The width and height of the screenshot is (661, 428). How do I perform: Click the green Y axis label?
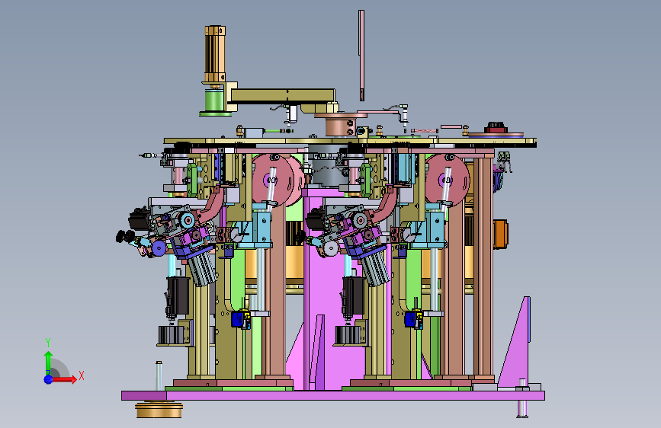[x=48, y=343]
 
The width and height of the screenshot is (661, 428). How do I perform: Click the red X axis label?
[x=82, y=375]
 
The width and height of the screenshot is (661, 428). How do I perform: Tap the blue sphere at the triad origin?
[x=49, y=379]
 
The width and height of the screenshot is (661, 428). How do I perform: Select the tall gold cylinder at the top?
[x=215, y=54]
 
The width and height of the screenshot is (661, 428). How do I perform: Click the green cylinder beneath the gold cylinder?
[x=215, y=101]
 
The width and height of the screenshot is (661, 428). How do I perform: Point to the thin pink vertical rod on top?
[x=361, y=55]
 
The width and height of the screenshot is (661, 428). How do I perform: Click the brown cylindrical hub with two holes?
[x=341, y=126]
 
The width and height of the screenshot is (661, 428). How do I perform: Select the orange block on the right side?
[x=500, y=235]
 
